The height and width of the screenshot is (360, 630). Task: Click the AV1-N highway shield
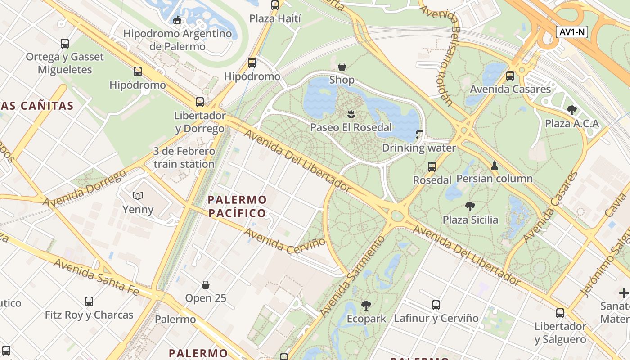[572, 32]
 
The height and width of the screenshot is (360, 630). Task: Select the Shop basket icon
[342, 67]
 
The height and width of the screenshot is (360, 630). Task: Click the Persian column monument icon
[495, 165]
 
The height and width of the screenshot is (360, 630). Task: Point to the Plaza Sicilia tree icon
[470, 207]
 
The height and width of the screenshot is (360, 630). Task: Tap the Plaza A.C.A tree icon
[572, 110]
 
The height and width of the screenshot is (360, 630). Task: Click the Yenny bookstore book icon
[138, 196]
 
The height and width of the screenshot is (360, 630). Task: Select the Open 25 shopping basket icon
[206, 284]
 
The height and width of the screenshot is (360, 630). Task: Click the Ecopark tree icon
[366, 306]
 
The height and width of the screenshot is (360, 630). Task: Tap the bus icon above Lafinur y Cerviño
[436, 305]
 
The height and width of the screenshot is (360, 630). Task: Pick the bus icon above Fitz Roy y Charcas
[89, 301]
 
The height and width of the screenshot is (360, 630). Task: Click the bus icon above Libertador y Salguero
[560, 313]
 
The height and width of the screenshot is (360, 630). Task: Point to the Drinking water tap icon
[419, 134]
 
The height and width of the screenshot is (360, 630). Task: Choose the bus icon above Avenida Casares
[510, 76]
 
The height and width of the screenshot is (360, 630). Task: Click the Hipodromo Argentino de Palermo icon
[177, 20]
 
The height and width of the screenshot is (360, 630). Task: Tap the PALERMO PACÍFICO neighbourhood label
[238, 206]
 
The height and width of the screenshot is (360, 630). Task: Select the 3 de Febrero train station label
[184, 157]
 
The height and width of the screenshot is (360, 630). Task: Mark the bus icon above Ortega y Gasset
[65, 43]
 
